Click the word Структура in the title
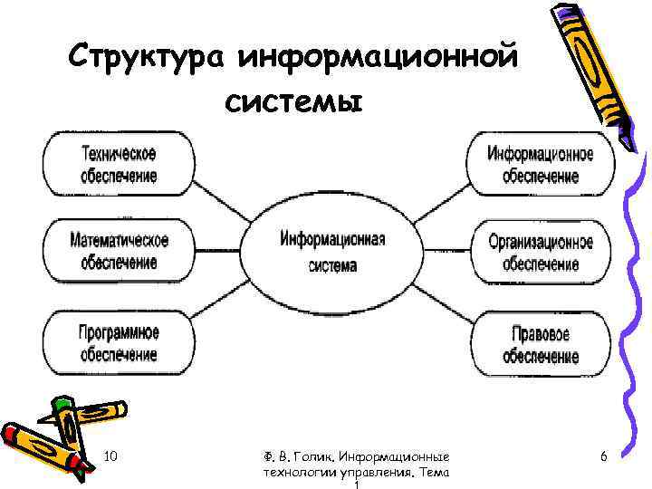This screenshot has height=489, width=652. tap(149, 58)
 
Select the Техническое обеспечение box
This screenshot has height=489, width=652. tap(119, 164)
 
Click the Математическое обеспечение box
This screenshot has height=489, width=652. tap(119, 251)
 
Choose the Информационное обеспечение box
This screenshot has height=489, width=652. tap(541, 164)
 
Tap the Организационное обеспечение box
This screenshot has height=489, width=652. tap(541, 253)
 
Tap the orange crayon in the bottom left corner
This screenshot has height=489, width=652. tap(41, 446)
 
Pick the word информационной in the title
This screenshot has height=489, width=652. tap(379, 58)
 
